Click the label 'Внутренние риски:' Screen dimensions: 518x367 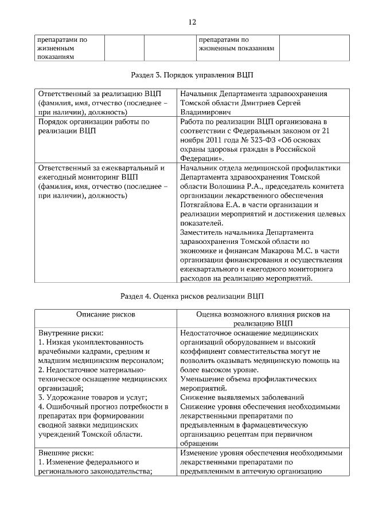[71, 333]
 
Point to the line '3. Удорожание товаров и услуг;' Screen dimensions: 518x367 [92, 397]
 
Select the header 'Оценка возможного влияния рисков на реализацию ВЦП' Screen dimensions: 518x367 [263, 319]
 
